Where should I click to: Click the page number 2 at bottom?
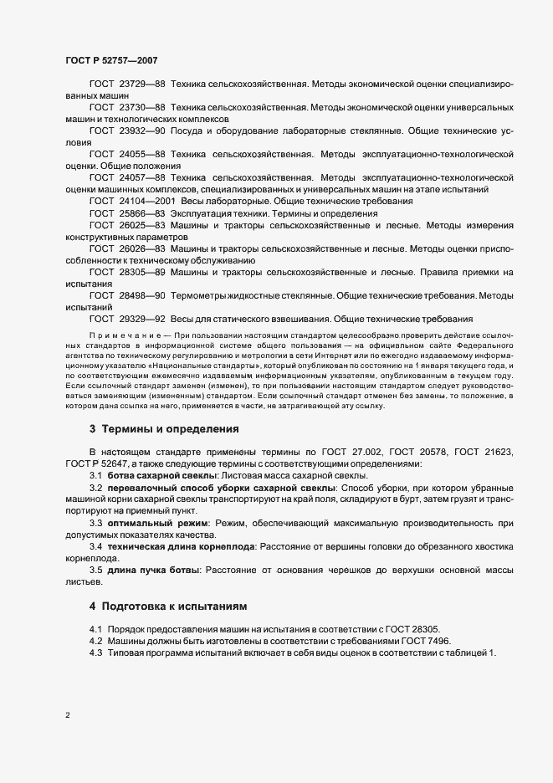(68, 715)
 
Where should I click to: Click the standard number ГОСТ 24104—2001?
(132, 202)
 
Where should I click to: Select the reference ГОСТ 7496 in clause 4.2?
(432, 641)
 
